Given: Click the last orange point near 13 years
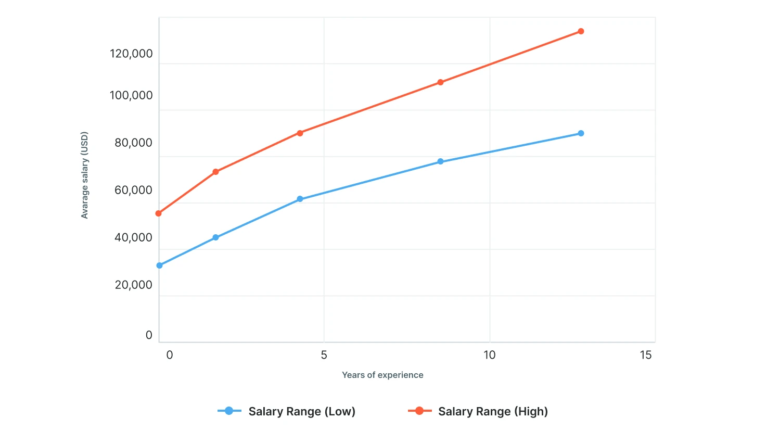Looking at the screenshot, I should click(581, 31).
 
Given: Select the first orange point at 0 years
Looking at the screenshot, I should click(159, 213).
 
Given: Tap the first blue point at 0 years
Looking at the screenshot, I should click(159, 265).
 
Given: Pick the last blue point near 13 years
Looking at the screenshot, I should click(581, 133).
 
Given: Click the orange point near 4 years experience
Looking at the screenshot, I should click(300, 133).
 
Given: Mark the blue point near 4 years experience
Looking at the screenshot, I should click(300, 199).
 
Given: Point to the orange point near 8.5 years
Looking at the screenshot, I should click(440, 82).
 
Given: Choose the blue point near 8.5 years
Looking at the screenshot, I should click(440, 161).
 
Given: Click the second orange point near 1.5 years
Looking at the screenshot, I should click(215, 172).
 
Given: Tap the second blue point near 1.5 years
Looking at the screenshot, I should click(215, 237).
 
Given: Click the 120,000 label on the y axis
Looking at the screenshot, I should click(131, 54).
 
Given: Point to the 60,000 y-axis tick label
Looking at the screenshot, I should click(133, 190).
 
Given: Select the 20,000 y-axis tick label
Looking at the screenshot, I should click(133, 285).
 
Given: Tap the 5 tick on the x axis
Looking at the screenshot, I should click(324, 355).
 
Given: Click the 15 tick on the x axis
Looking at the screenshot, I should click(645, 355).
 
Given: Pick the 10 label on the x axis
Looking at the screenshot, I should click(489, 355).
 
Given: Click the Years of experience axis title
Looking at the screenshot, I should click(382, 375).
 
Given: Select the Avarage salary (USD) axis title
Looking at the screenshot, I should click(84, 175).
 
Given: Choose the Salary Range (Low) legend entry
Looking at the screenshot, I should click(287, 411).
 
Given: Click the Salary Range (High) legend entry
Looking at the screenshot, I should click(478, 411).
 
